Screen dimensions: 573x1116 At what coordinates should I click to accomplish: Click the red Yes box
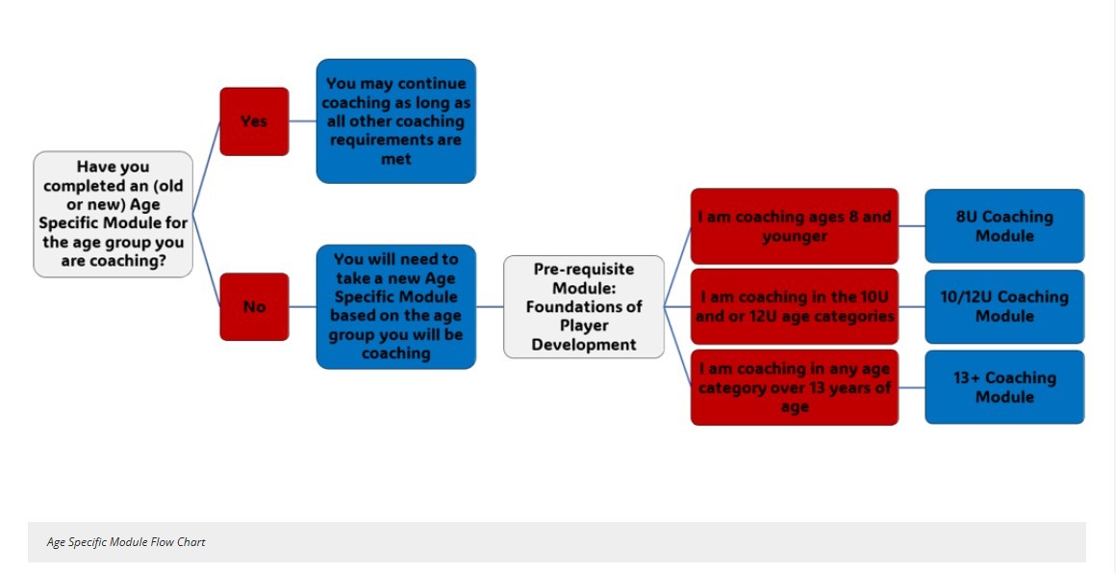[254, 121]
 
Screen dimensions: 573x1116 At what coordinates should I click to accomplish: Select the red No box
[254, 306]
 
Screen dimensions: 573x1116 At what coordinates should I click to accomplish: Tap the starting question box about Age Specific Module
[114, 214]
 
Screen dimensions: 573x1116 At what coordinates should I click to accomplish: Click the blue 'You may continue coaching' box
[395, 121]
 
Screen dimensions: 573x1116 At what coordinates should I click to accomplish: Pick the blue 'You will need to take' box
[395, 306]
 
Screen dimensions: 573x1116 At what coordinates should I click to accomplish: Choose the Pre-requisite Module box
[584, 306]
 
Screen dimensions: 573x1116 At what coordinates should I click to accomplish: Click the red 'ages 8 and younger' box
[795, 226]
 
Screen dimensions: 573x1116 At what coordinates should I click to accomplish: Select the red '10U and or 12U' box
[795, 306]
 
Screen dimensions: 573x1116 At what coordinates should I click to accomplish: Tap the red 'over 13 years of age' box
[795, 387]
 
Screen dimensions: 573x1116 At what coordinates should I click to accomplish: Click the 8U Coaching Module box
[1004, 226]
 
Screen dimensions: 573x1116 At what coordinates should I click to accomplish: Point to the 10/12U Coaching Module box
[1004, 306]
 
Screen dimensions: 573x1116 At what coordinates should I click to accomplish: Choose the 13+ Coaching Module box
[1004, 387]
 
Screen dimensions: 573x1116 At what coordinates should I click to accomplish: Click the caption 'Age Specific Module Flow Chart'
[126, 542]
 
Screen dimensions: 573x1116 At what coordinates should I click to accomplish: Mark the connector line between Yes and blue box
[302, 121]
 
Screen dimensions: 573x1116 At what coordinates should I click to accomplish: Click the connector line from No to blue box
[302, 306]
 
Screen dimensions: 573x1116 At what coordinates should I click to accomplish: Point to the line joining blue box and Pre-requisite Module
[490, 306]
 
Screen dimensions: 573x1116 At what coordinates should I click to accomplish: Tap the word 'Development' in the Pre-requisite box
[584, 344]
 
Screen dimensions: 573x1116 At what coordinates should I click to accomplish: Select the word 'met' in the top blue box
[395, 159]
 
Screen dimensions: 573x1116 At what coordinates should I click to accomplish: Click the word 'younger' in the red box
[795, 236]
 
